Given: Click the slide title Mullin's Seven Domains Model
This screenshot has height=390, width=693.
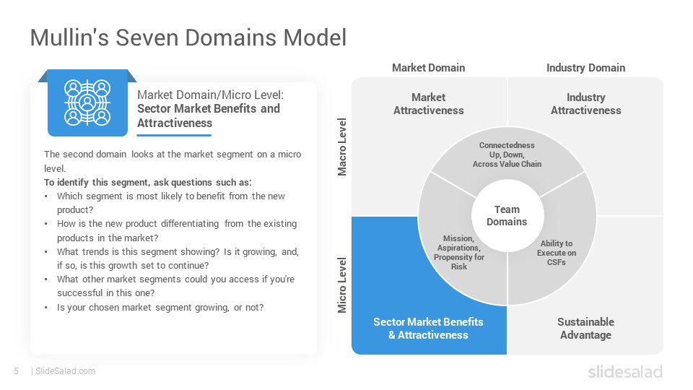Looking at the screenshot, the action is pyautogui.click(x=188, y=38).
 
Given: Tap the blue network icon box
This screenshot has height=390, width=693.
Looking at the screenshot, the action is pyautogui.click(x=87, y=103).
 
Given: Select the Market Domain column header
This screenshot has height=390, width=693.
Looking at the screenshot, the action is pyautogui.click(x=428, y=68).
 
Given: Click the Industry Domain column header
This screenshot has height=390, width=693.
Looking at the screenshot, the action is pyautogui.click(x=585, y=68).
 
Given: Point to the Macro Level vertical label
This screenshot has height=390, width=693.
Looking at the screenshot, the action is pyautogui.click(x=342, y=147).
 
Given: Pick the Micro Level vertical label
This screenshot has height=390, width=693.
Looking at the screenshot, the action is pyautogui.click(x=342, y=285).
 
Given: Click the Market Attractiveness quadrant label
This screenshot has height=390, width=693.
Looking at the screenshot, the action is pyautogui.click(x=429, y=103).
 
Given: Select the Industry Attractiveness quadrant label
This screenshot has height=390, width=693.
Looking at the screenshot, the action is pyautogui.click(x=585, y=103).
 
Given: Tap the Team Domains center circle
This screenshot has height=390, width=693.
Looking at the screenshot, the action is pyautogui.click(x=507, y=216).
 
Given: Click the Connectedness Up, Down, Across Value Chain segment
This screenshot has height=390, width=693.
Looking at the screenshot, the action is pyautogui.click(x=507, y=155).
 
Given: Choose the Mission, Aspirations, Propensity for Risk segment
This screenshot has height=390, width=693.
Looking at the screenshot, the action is pyautogui.click(x=459, y=253).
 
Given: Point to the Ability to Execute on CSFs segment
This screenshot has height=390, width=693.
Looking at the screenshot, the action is pyautogui.click(x=557, y=253).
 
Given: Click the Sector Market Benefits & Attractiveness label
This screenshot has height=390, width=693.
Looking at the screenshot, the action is pyautogui.click(x=428, y=328).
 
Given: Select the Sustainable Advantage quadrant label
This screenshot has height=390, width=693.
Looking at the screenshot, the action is pyautogui.click(x=585, y=328).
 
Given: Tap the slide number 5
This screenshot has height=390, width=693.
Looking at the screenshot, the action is pyautogui.click(x=17, y=371).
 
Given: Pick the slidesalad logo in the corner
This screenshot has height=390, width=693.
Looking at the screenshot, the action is pyautogui.click(x=625, y=371).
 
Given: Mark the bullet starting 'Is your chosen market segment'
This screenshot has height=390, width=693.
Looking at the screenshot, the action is pyautogui.click(x=160, y=308).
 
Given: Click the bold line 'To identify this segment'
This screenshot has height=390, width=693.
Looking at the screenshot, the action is pyautogui.click(x=147, y=182).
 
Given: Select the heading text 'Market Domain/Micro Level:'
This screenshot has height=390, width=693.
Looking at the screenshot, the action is pyautogui.click(x=210, y=95).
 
